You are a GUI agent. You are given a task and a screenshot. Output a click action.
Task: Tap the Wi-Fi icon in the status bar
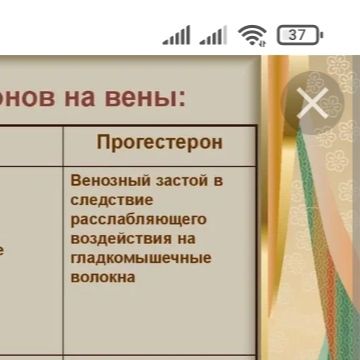click(x=252, y=36)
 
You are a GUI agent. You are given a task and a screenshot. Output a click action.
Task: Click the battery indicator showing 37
click(x=298, y=35)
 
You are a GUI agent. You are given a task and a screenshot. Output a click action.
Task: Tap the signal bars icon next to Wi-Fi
click(x=213, y=36)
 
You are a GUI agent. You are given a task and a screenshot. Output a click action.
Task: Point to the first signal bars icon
click(x=177, y=36)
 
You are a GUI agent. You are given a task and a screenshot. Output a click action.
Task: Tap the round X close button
click(x=312, y=104)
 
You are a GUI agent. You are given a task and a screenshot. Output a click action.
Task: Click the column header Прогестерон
click(x=160, y=142)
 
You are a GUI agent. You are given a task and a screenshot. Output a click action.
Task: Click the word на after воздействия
click(x=184, y=239)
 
